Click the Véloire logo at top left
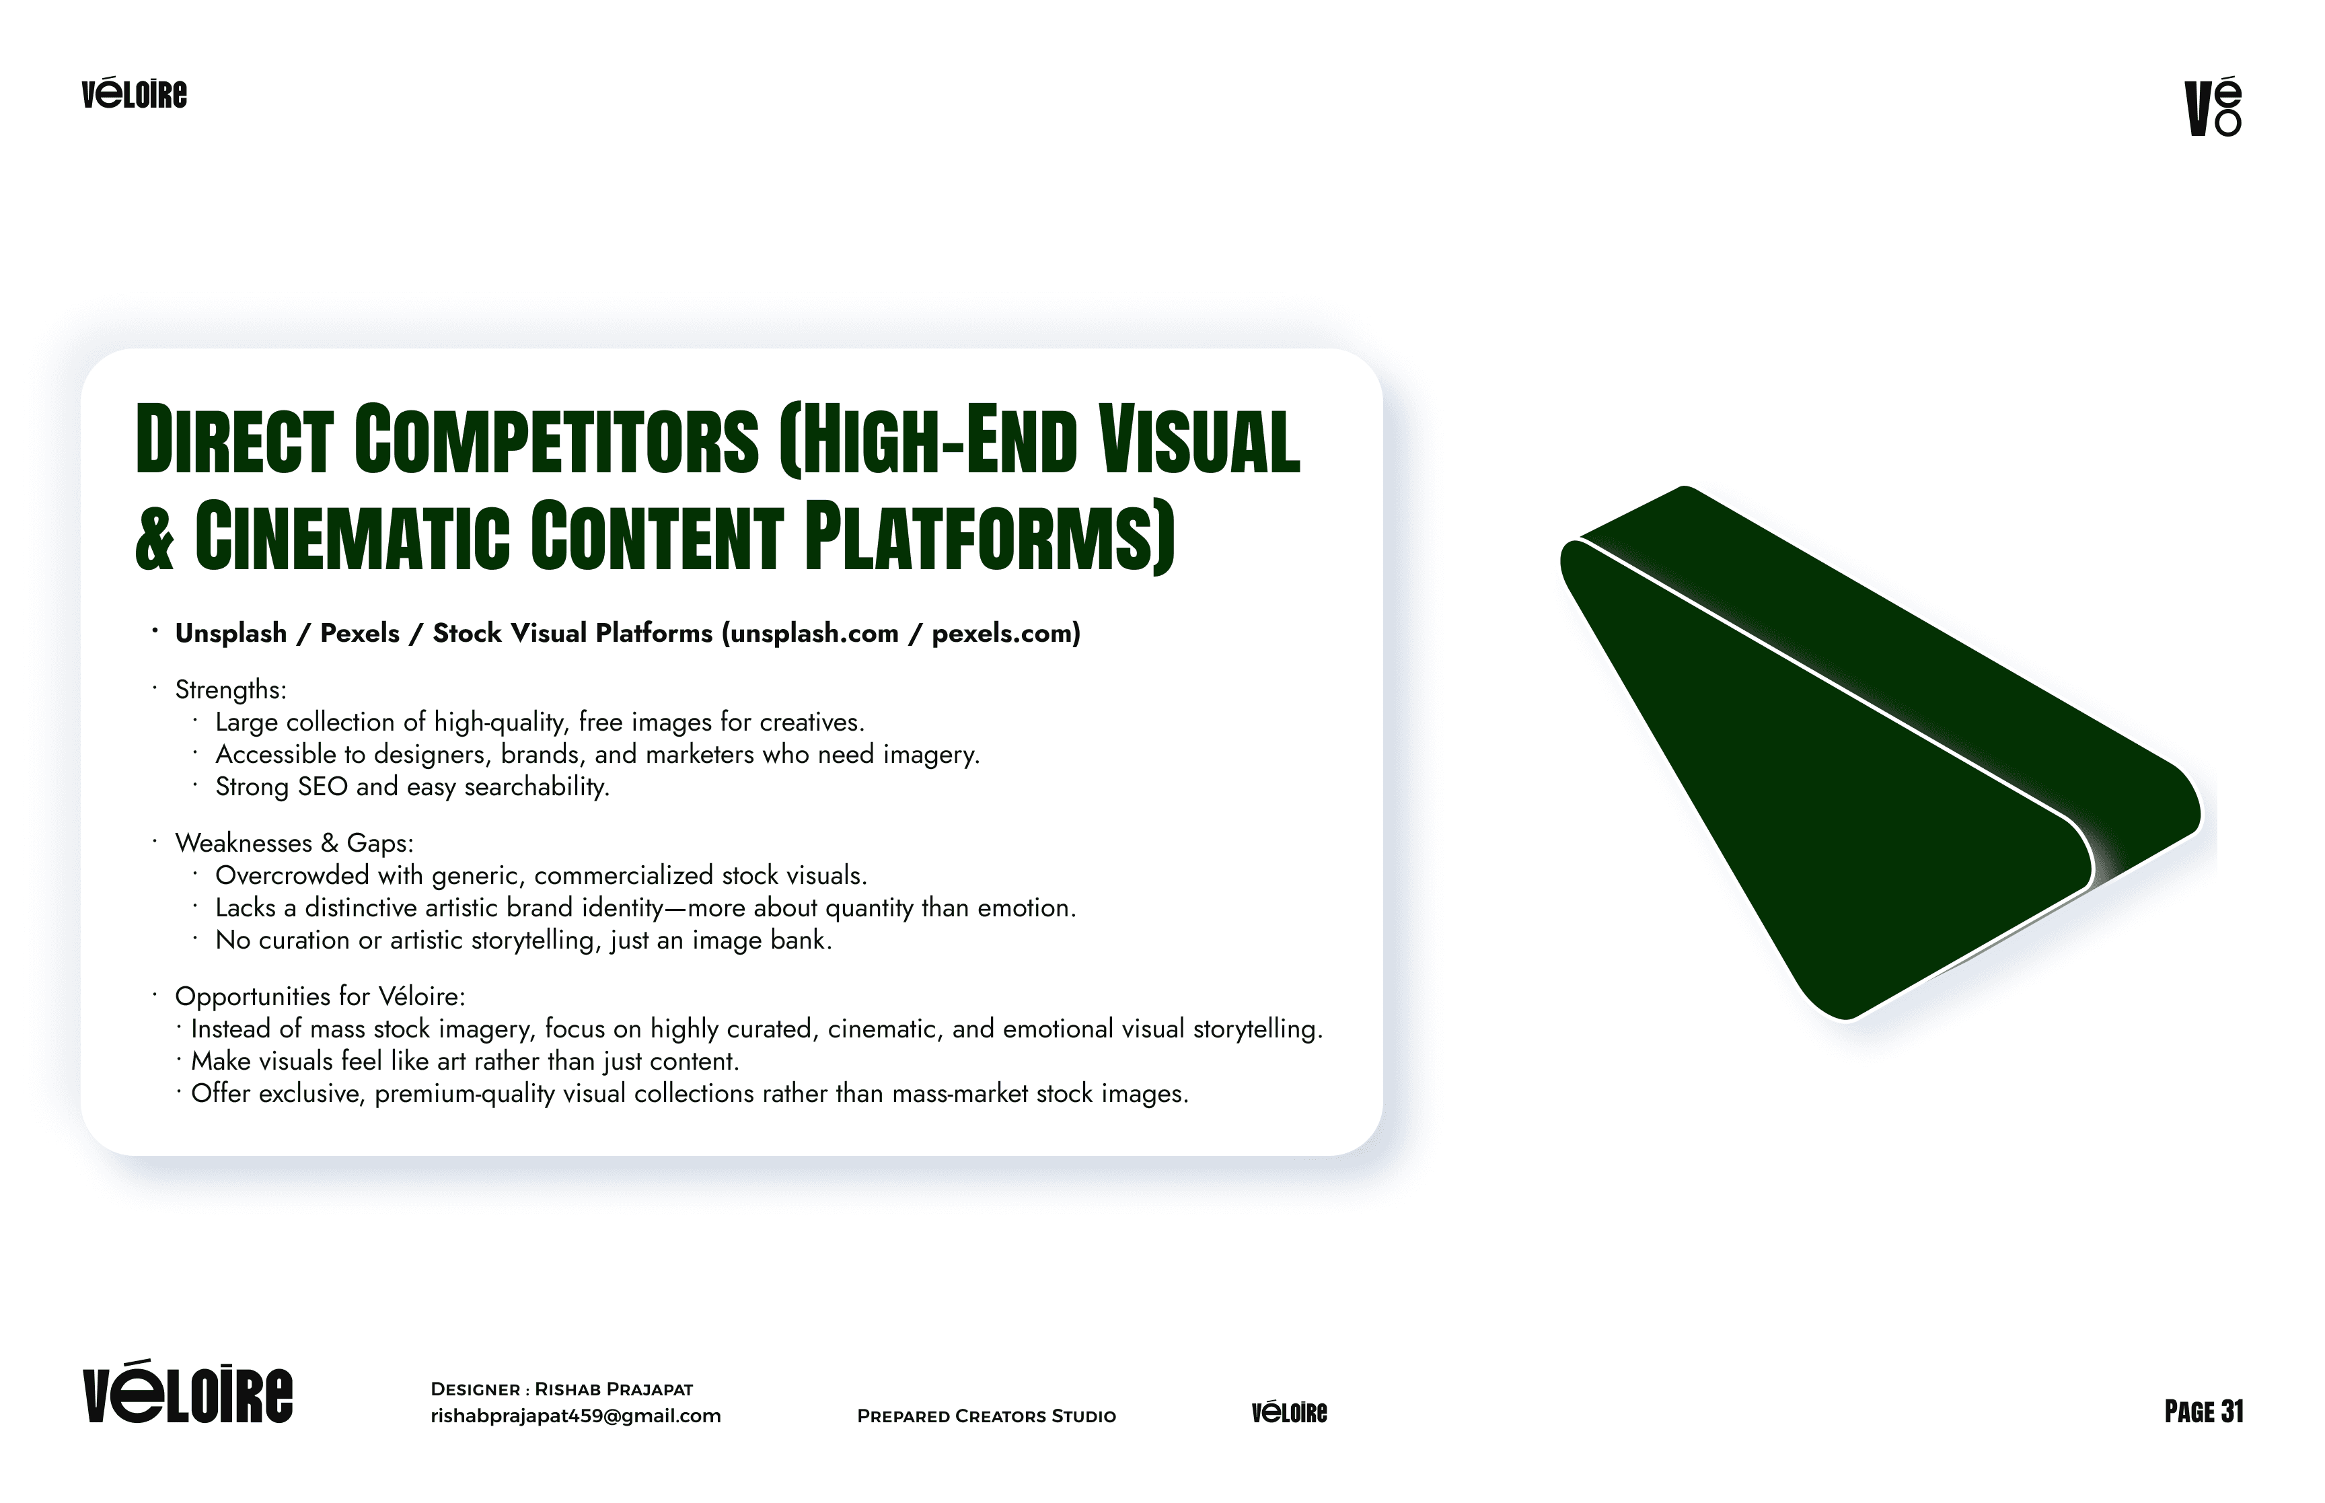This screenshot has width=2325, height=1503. [134, 95]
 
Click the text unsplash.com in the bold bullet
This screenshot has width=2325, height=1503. [815, 633]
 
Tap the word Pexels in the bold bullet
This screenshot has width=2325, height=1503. [359, 633]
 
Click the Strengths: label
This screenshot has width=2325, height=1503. [230, 690]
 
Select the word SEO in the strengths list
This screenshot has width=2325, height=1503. [322, 786]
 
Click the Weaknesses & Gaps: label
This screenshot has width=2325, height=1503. [294, 843]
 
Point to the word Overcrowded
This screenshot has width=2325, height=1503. [292, 875]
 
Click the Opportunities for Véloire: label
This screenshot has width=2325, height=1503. [319, 996]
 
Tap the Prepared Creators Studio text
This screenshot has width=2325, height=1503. [986, 1416]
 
